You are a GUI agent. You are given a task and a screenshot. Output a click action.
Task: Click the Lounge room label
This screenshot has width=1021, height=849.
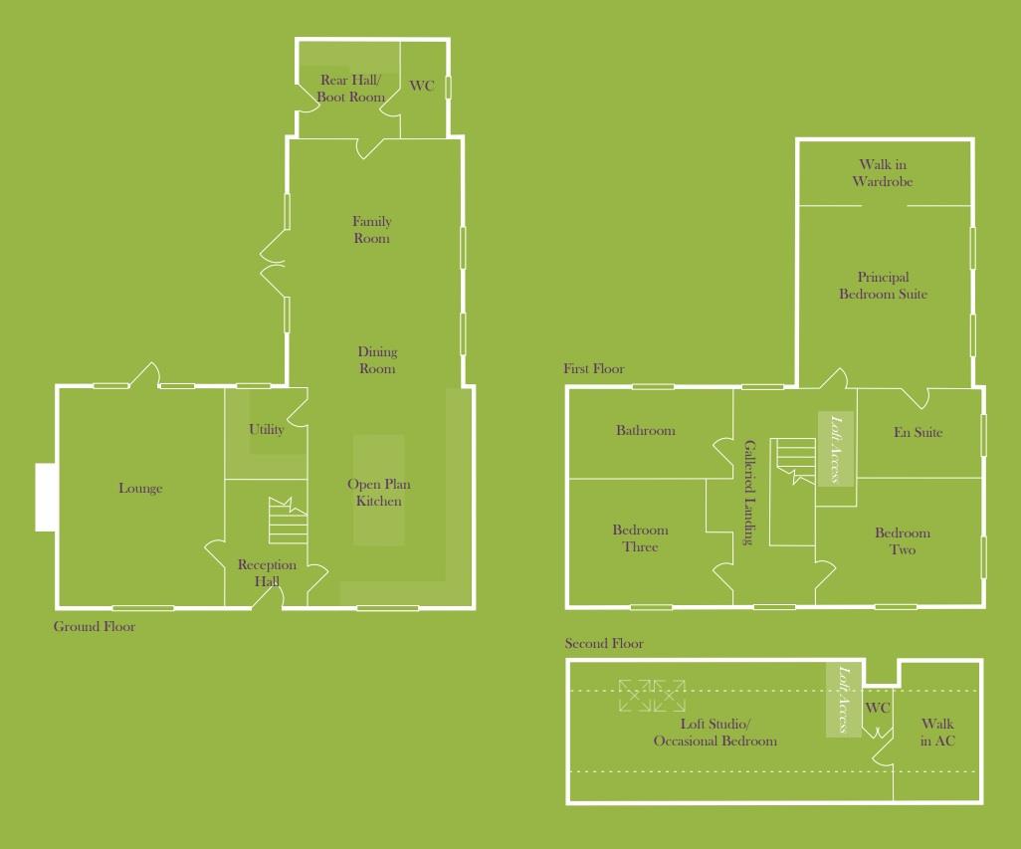(x=140, y=489)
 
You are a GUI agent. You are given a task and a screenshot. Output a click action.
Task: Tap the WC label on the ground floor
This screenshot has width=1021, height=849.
(x=422, y=87)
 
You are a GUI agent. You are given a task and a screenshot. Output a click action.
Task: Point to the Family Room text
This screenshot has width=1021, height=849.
(x=371, y=230)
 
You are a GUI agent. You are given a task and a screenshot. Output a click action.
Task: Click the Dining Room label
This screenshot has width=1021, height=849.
(x=377, y=360)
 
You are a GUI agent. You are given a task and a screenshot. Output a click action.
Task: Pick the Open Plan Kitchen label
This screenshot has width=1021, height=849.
(x=379, y=493)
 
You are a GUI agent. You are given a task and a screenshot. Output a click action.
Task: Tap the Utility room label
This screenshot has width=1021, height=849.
(x=267, y=430)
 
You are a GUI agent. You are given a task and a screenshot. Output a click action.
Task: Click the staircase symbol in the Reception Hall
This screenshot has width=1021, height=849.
(x=287, y=520)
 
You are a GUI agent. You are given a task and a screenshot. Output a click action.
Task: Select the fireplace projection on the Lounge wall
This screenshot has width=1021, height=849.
(x=46, y=498)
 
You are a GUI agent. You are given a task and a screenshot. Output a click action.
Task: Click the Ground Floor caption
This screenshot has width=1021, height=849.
(x=95, y=627)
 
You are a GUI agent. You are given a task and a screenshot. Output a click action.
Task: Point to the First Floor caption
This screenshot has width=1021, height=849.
(x=594, y=369)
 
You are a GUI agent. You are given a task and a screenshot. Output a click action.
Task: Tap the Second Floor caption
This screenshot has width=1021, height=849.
(x=604, y=644)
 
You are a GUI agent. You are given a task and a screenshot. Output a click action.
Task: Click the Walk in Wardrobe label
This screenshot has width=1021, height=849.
(x=883, y=173)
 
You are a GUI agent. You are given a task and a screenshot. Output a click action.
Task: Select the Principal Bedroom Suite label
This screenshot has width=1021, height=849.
(x=883, y=287)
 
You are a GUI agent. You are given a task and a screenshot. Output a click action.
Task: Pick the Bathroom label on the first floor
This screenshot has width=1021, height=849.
(x=645, y=431)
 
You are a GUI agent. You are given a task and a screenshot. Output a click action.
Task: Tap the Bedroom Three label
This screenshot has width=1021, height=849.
(x=641, y=538)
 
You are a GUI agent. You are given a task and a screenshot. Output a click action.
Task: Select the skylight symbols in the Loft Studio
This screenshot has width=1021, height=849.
(x=652, y=696)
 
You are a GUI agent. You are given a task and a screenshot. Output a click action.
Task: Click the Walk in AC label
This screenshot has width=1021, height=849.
(x=937, y=733)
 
